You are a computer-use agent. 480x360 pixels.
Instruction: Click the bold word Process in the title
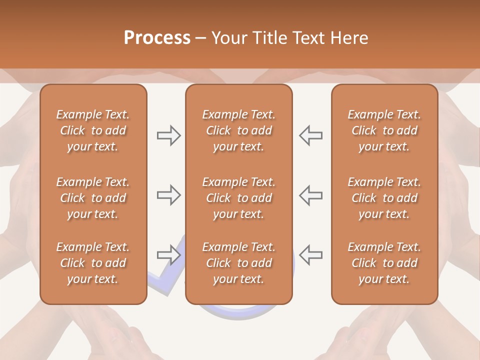coord(157,38)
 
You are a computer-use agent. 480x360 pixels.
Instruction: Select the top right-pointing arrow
coord(168,135)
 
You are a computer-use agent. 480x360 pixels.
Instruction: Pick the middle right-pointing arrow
coord(168,195)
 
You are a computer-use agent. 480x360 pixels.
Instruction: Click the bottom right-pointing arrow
coord(168,254)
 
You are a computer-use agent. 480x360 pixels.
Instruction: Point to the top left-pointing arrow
coord(311,135)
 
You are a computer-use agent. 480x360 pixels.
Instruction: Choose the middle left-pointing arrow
coord(311,195)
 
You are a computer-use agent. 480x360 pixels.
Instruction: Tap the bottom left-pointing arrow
coord(311,254)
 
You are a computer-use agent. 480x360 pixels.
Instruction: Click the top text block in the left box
coord(93,130)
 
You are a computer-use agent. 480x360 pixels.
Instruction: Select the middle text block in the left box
coord(93,198)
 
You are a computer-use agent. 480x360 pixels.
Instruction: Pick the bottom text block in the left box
coord(93,263)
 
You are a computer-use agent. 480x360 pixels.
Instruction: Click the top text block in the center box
coord(238,130)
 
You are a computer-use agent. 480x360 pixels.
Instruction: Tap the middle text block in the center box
coord(238,198)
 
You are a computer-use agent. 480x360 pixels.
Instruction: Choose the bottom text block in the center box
coord(238,263)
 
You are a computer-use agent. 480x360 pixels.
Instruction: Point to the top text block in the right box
coord(384,130)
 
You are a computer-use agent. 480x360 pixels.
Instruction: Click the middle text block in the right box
coord(384,198)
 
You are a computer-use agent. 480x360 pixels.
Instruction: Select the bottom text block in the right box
coord(384,263)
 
